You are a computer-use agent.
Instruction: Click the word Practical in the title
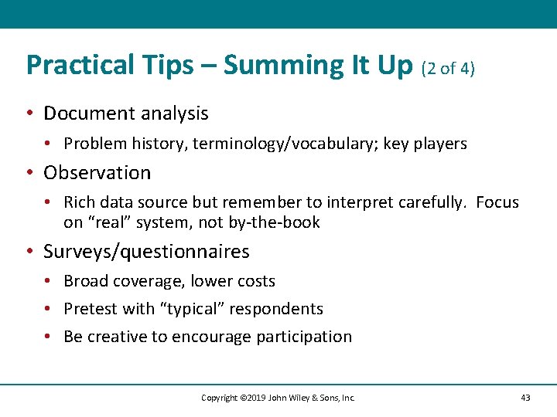point(70,66)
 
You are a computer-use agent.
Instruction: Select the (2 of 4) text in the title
point(448,68)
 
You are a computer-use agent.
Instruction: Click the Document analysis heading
point(126,114)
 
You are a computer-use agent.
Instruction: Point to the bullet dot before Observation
point(29,173)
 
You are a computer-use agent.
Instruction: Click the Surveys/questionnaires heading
point(146,252)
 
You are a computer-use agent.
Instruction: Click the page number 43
point(525,398)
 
